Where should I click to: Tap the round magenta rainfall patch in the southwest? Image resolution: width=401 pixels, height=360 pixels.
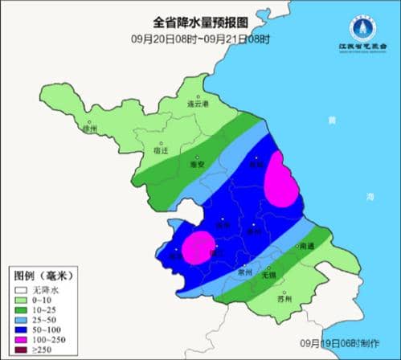(198, 247)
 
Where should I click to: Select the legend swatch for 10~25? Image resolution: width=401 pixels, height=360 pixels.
(18, 309)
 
